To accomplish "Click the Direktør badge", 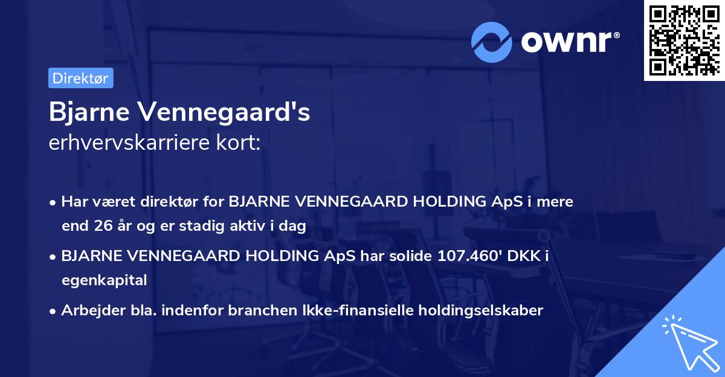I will coord(80,78).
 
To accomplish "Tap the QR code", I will coord(683,40).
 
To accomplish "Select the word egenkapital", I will coord(104,280).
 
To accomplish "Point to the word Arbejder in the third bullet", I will coord(88,311).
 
